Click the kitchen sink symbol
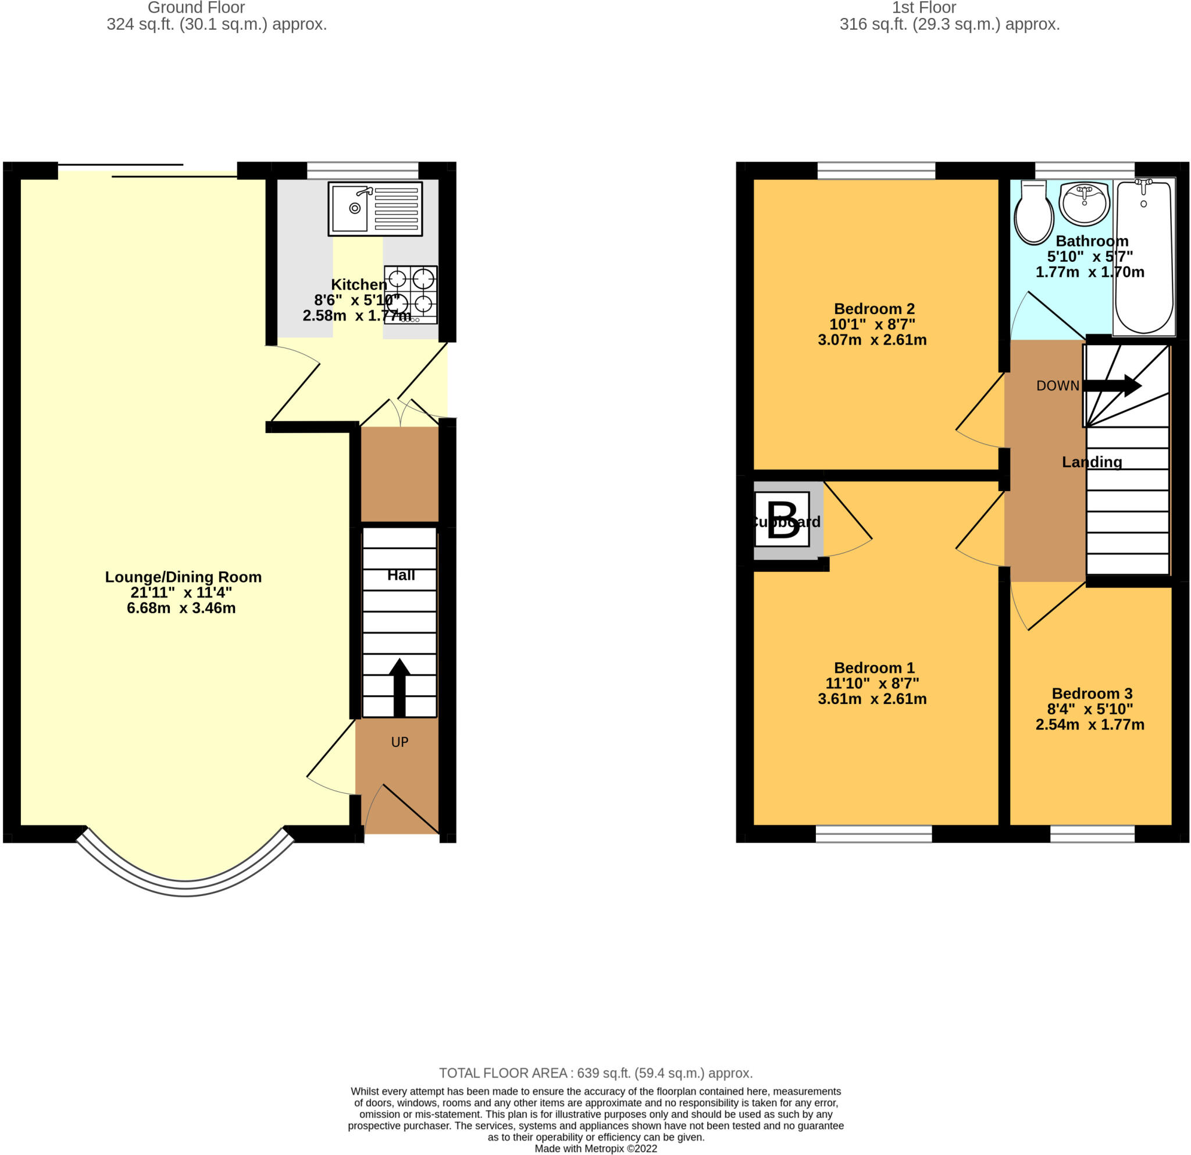(375, 208)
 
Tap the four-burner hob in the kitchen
(410, 294)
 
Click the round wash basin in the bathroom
(1084, 203)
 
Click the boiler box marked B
(782, 520)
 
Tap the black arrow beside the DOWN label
(1111, 385)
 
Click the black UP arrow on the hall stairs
(399, 687)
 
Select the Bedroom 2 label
(874, 309)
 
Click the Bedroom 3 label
(1092, 693)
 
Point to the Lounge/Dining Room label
(183, 577)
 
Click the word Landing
(1092, 462)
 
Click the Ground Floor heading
(197, 8)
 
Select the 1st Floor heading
(923, 8)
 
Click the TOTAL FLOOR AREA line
(595, 1073)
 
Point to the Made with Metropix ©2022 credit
(595, 1149)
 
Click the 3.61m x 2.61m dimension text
(872, 699)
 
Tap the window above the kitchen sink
(363, 170)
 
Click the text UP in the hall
(399, 742)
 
